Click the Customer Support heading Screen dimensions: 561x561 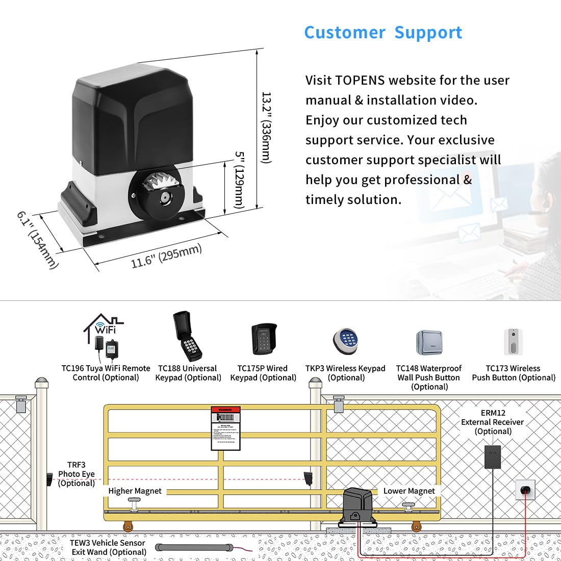point(383,33)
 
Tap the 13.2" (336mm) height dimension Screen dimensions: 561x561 point(266,127)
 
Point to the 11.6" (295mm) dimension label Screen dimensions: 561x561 point(166,256)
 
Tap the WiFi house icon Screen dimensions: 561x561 point(104,328)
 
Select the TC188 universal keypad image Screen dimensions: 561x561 point(187,337)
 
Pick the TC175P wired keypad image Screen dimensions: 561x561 point(264,339)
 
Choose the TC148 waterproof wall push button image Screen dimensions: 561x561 point(429,342)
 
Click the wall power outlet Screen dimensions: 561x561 point(525,490)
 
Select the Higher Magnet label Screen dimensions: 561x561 point(135,491)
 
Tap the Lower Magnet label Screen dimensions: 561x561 point(409,491)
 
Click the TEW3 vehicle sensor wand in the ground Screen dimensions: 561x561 point(194,548)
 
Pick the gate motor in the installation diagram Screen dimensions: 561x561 point(359,506)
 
